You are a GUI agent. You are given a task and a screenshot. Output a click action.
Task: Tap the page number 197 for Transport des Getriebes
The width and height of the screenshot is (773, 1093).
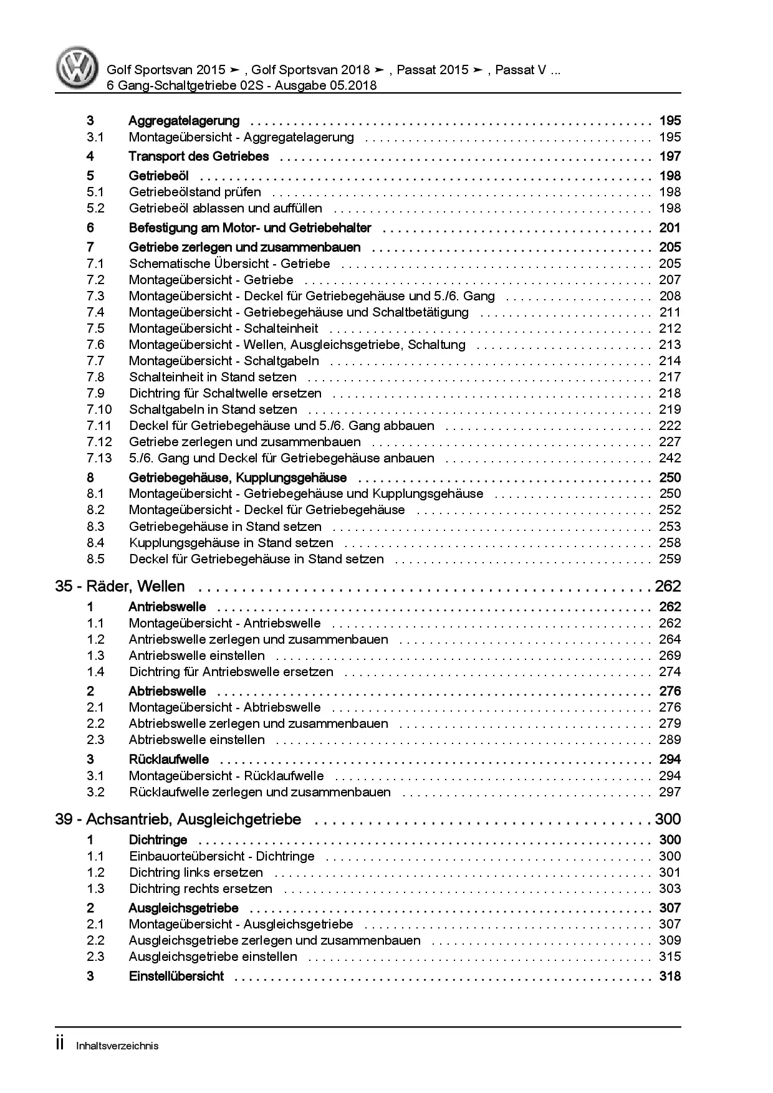tap(670, 156)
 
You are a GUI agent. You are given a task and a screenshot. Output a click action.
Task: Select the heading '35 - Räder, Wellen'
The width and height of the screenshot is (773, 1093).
tap(120, 586)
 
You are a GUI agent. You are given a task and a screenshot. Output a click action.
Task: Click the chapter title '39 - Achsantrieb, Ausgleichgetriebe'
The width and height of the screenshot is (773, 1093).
tap(178, 819)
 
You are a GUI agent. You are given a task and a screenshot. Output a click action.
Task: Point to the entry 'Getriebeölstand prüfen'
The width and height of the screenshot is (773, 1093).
tap(194, 192)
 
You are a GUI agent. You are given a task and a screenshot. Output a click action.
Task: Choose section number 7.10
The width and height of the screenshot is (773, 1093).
tap(99, 409)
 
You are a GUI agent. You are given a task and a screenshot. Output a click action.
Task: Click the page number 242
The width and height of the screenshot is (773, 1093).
tap(670, 458)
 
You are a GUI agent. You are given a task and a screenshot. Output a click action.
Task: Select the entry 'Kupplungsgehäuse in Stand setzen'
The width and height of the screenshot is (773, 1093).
tap(231, 543)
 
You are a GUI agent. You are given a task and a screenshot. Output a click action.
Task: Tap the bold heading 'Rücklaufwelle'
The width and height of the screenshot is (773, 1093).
tap(168, 760)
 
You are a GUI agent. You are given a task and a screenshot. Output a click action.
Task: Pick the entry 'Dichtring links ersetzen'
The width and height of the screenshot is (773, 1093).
tap(196, 872)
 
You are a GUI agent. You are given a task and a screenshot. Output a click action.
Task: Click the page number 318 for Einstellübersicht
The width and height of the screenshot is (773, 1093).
tap(670, 976)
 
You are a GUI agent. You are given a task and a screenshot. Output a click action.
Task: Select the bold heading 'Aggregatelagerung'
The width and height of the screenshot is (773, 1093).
tap(184, 121)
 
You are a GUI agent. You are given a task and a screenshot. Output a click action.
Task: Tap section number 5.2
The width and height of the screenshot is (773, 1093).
tap(95, 208)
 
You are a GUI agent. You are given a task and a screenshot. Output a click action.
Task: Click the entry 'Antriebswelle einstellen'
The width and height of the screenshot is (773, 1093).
tap(196, 656)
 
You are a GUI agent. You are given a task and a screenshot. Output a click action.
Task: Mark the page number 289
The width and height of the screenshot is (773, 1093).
tap(670, 740)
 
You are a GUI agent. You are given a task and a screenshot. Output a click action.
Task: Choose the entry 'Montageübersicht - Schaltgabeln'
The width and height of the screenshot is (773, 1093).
tap(224, 361)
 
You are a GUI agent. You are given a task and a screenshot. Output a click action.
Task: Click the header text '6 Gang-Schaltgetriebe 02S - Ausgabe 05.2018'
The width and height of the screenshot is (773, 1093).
tap(241, 85)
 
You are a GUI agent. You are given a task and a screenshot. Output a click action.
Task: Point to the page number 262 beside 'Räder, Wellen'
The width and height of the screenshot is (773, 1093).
tap(668, 586)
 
